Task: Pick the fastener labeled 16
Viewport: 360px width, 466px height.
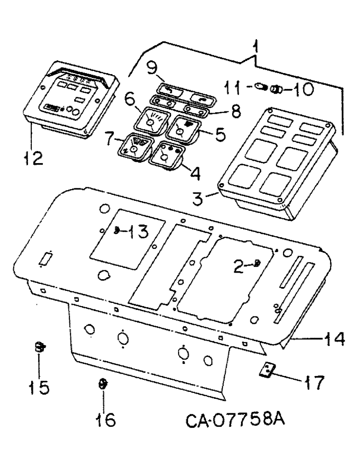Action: [102, 385]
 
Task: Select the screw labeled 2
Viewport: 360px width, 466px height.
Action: [257, 265]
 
